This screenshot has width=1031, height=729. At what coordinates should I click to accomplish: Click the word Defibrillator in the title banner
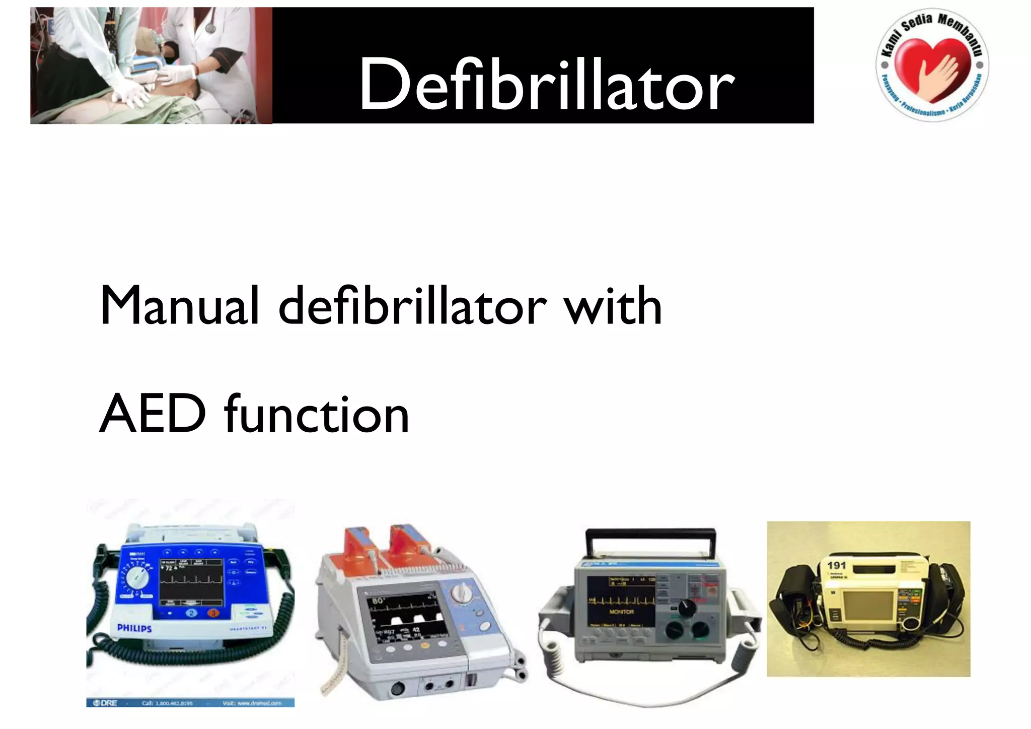[546, 83]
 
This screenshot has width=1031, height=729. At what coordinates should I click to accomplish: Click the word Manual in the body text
[179, 305]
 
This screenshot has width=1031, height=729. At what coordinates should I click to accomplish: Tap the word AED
[153, 414]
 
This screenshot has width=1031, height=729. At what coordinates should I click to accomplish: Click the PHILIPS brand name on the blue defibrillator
[134, 628]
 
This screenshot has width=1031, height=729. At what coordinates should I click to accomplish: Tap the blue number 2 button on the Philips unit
[192, 613]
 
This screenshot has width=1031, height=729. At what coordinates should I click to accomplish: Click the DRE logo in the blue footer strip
[105, 703]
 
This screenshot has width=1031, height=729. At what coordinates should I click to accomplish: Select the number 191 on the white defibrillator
[836, 565]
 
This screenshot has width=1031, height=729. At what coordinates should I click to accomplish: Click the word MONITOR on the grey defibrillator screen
[622, 612]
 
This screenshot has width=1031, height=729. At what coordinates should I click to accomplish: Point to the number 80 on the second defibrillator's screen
[378, 601]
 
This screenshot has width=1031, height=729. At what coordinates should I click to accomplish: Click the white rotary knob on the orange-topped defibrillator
[461, 593]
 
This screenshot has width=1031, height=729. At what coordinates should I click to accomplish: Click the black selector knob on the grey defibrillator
[687, 608]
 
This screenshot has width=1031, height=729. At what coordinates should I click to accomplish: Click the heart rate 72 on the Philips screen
[169, 568]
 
